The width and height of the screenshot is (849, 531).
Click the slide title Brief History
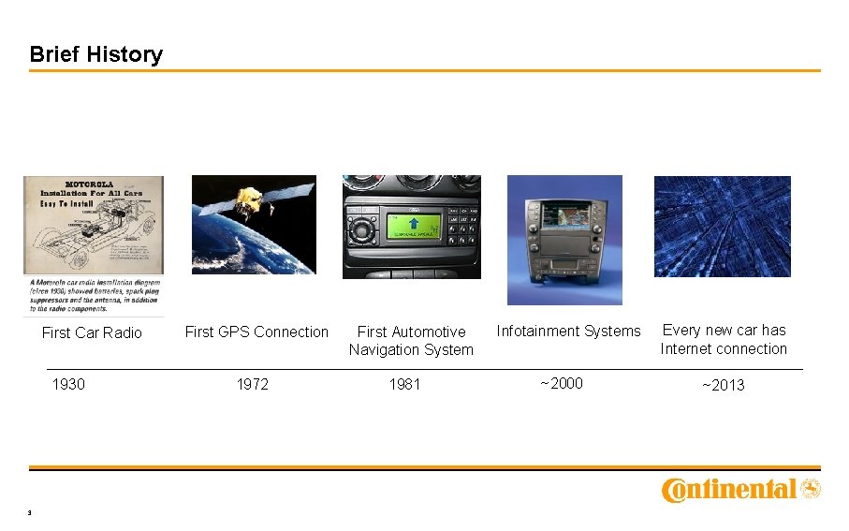[x=95, y=54]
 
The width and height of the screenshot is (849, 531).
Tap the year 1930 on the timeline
[x=68, y=384]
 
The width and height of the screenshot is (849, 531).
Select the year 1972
[x=253, y=384]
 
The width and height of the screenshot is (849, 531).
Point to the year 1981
[x=404, y=384]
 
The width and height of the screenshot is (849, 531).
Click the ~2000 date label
[x=561, y=383]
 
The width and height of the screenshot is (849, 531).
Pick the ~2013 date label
[x=723, y=385]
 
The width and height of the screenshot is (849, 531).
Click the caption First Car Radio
[x=92, y=332]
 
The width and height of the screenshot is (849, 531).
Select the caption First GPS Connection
[x=256, y=332]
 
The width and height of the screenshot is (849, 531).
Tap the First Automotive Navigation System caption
[x=411, y=341]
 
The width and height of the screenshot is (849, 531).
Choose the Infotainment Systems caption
[x=568, y=331]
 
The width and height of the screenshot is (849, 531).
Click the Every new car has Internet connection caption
[x=724, y=339]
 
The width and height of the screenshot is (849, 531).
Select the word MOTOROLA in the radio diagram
[x=91, y=184]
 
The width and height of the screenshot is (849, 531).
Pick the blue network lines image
[x=722, y=227]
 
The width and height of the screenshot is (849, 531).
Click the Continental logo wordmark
[x=729, y=490]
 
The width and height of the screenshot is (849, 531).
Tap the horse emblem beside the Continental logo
[x=811, y=488]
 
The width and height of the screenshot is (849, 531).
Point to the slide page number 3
[x=31, y=512]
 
